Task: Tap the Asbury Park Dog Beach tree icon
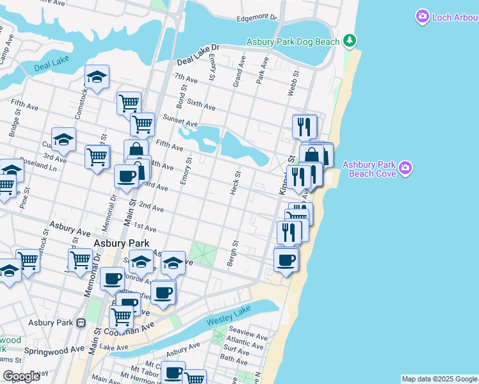click(349, 42)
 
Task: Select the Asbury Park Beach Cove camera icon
click(405, 168)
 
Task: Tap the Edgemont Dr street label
click(257, 19)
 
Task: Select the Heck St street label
click(237, 183)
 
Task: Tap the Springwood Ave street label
click(54, 351)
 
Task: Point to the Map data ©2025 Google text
click(439, 379)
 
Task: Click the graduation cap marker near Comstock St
click(97, 77)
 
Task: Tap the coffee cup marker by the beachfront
click(286, 260)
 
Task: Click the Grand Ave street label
click(239, 71)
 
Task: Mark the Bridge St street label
click(13, 125)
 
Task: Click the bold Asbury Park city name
click(121, 243)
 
